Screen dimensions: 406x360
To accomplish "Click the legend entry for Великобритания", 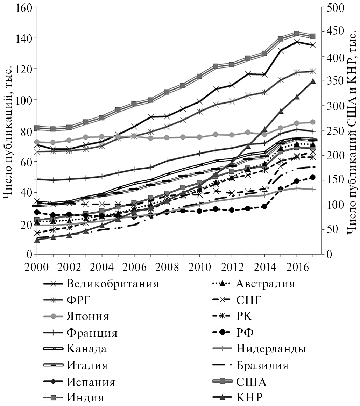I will tap(112, 284).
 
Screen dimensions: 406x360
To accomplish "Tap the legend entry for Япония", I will tap(87, 316).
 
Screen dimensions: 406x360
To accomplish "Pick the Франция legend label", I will tap(91, 333).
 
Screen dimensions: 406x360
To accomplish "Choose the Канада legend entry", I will tap(86, 349).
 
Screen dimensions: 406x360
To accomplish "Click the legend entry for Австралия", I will tap(265, 284).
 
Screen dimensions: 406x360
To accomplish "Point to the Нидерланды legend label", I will tap(271, 349).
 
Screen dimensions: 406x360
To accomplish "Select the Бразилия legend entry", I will tap(262, 365).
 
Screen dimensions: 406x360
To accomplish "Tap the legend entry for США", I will tap(251, 382).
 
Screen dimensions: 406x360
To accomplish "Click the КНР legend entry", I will tap(250, 398).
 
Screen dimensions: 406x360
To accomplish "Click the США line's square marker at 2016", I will tap(297, 34).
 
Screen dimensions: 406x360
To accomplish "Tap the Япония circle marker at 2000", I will tap(36, 142).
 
